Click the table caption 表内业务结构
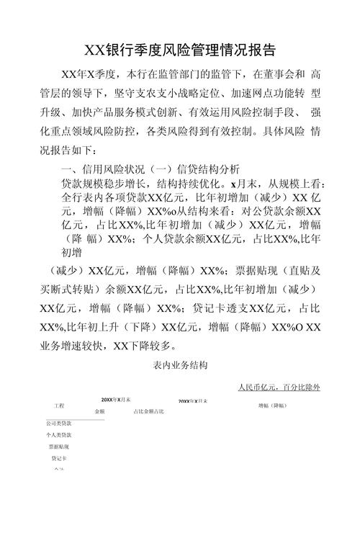[x=179, y=366]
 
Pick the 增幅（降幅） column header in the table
[x=274, y=405]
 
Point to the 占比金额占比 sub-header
[x=148, y=411]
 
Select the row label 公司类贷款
[x=59, y=423]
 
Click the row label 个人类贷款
[x=59, y=435]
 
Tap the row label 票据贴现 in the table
[x=59, y=447]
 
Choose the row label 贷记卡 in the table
[x=59, y=458]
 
